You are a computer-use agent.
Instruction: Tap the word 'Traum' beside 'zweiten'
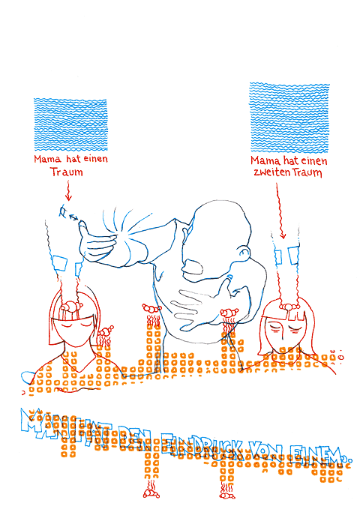click(308, 173)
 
